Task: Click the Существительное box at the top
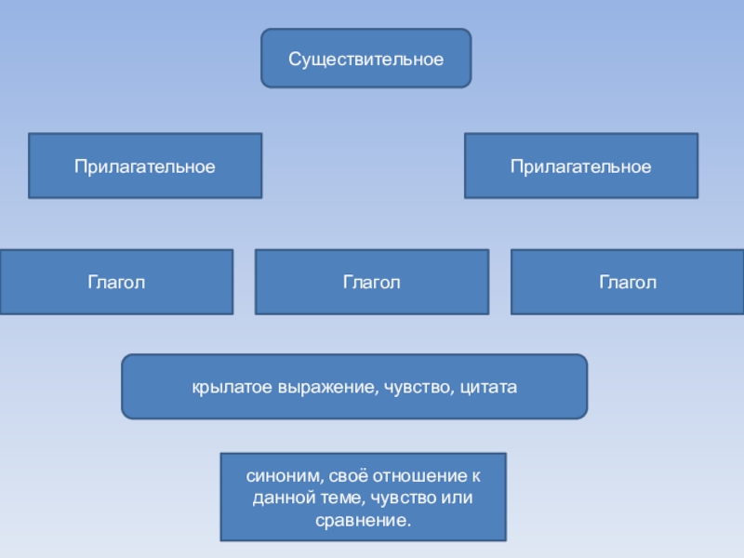(365, 59)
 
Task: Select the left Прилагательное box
(145, 166)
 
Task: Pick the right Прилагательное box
(580, 166)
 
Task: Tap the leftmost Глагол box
(116, 282)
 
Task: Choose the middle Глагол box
(371, 282)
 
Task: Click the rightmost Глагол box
(628, 282)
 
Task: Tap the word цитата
(486, 386)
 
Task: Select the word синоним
(278, 474)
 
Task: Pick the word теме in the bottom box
(336, 497)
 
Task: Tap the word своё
(345, 474)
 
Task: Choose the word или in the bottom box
(457, 497)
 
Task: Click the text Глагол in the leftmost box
(116, 282)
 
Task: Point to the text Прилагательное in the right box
(580, 166)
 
